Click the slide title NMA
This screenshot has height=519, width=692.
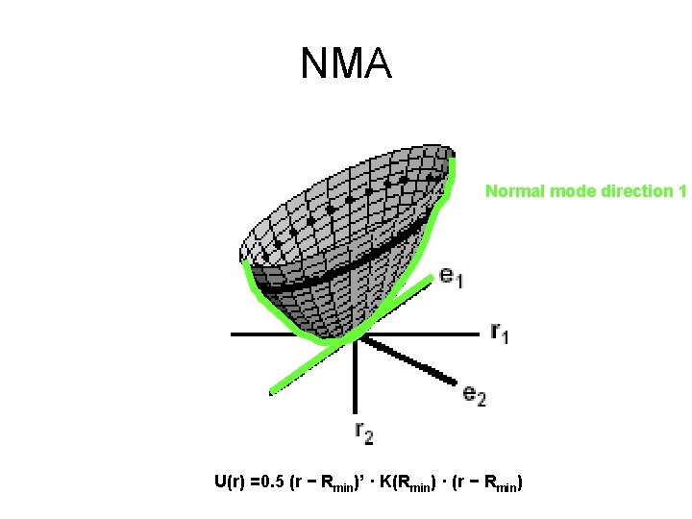click(345, 65)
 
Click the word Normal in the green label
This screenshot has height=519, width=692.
click(511, 190)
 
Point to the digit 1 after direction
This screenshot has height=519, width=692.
click(681, 190)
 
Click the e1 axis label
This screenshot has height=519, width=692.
click(452, 277)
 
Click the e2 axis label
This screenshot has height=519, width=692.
click(474, 394)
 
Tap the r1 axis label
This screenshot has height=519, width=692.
click(500, 334)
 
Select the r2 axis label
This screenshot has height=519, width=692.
click(363, 432)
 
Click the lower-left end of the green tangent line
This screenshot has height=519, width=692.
click(273, 391)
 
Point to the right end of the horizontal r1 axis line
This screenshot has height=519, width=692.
click(477, 334)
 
